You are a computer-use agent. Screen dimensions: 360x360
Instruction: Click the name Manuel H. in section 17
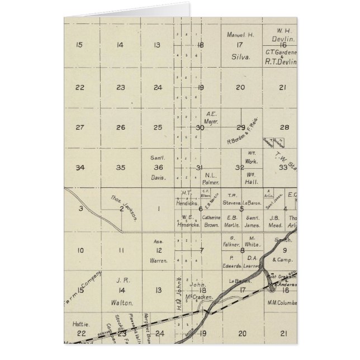(240, 35)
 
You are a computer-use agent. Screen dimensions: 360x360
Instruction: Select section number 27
(80, 127)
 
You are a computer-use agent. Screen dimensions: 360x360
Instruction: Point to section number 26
(120, 127)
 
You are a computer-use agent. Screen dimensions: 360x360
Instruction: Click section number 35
(120, 167)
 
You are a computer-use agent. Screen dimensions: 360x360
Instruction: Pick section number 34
(80, 167)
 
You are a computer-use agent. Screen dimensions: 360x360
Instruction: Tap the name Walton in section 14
(122, 303)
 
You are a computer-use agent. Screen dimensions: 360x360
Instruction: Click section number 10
(80, 250)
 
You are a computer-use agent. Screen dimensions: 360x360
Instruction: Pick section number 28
(283, 127)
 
